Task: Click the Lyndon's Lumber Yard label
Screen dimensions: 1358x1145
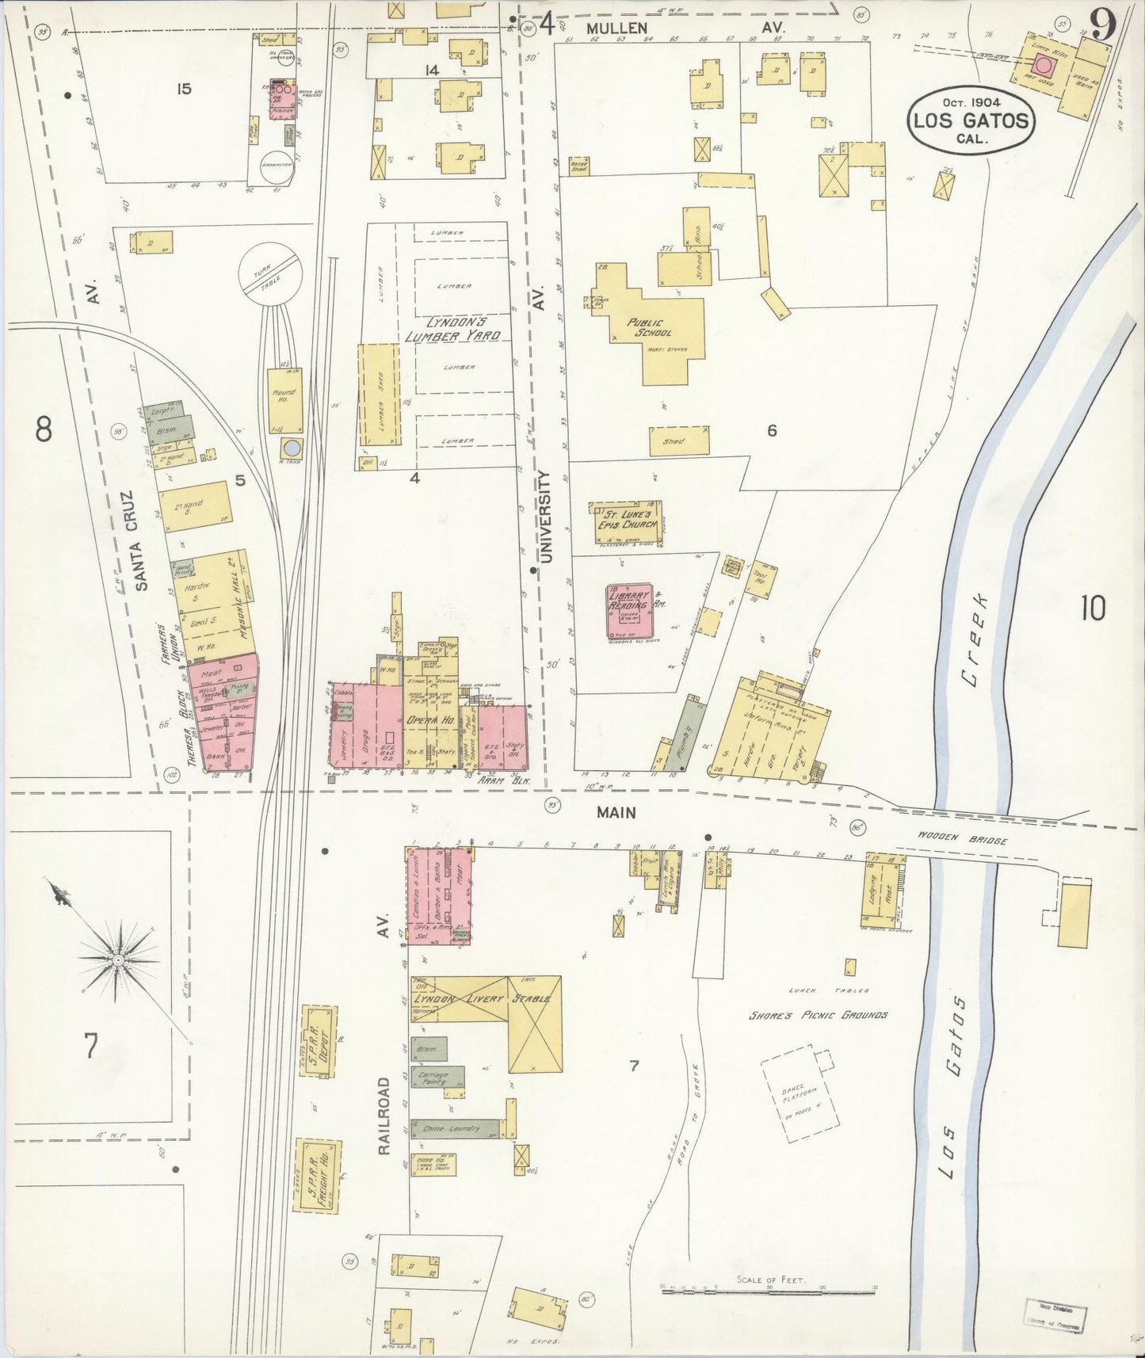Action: (x=452, y=330)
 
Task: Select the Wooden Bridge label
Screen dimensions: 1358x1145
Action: (x=962, y=837)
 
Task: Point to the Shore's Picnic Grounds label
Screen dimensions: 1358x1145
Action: (x=819, y=1015)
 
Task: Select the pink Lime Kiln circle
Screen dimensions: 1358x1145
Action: (x=1044, y=64)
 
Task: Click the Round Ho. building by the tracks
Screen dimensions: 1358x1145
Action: (x=284, y=398)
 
